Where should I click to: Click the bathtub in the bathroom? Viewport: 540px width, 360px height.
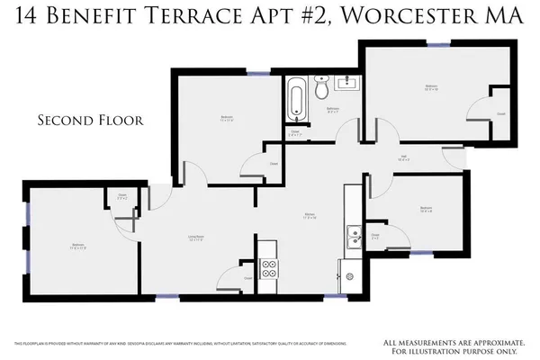click(294, 99)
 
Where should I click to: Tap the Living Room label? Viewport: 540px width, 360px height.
click(193, 238)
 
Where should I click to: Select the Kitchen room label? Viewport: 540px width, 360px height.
click(309, 214)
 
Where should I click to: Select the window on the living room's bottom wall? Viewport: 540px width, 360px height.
click(167, 297)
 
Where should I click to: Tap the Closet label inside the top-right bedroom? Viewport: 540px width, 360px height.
click(500, 114)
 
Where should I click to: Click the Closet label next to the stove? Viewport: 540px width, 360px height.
click(247, 279)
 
